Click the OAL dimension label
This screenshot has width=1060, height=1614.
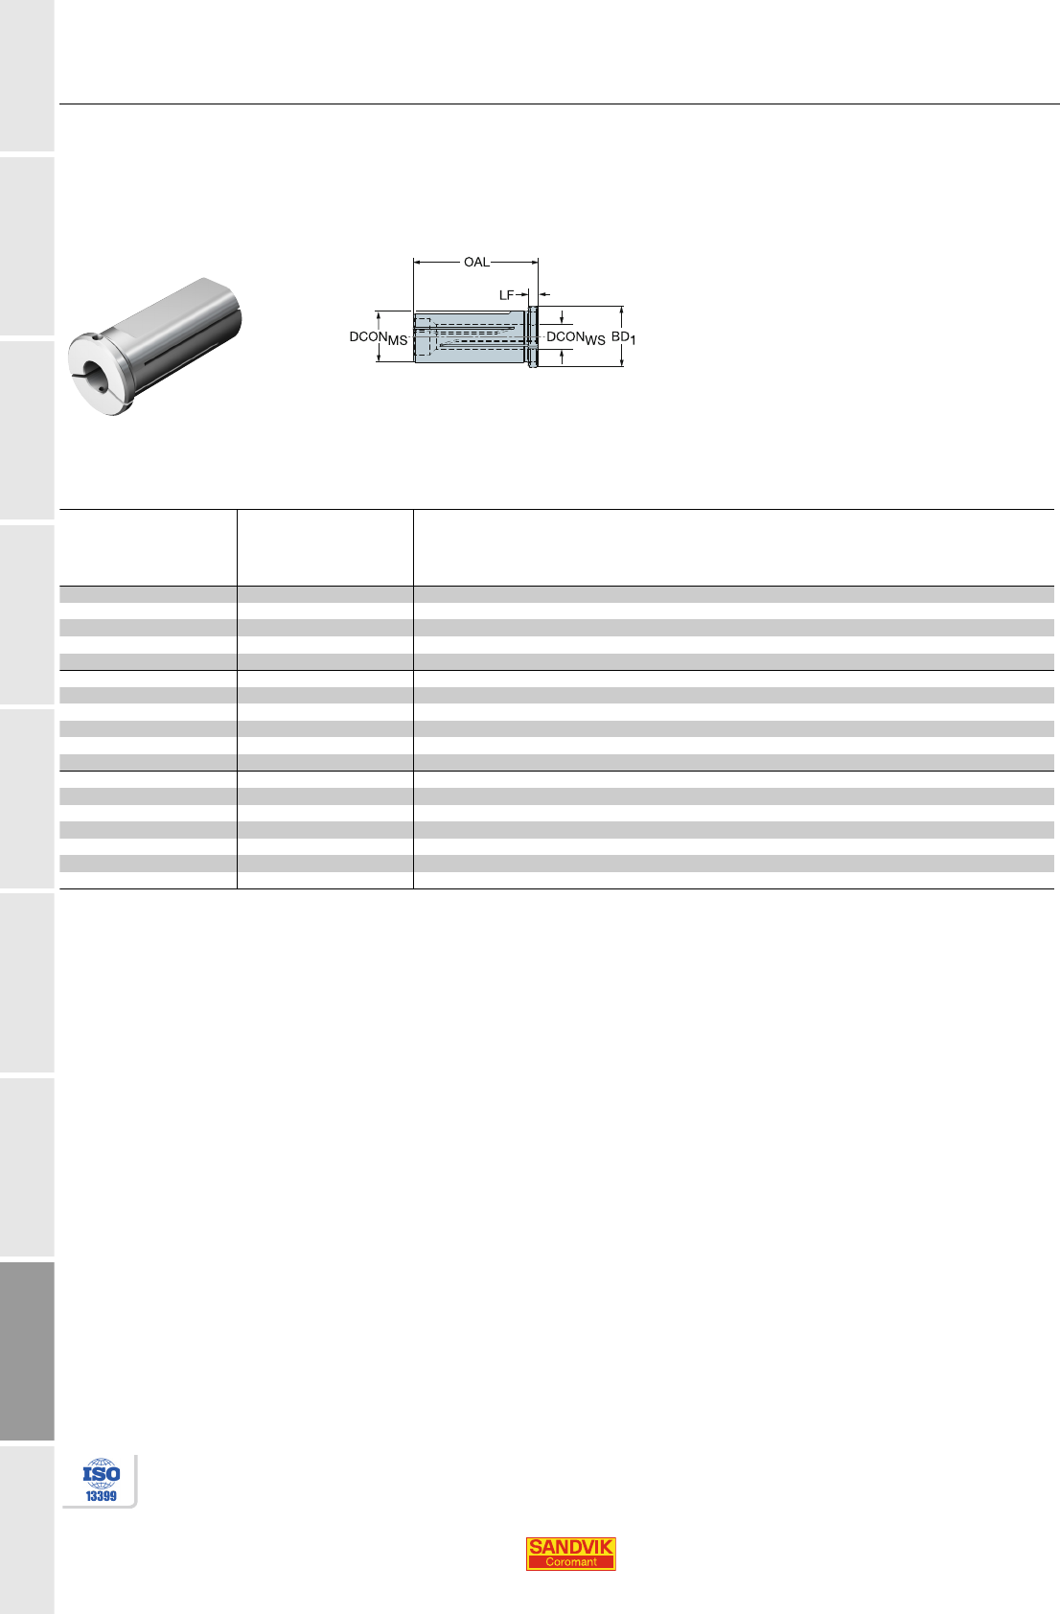coord(476,262)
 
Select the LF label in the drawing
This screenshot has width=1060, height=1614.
coord(506,294)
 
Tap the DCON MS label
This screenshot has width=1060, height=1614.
coord(379,338)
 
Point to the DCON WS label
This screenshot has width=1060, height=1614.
coord(576,338)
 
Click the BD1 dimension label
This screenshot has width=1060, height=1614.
coord(624,337)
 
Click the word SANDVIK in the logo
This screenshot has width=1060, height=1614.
coord(570,1546)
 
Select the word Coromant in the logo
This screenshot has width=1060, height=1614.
coord(570,1562)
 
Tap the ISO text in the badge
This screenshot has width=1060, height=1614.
coord(102,1473)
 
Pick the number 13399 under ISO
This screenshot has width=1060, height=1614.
coord(101,1496)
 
